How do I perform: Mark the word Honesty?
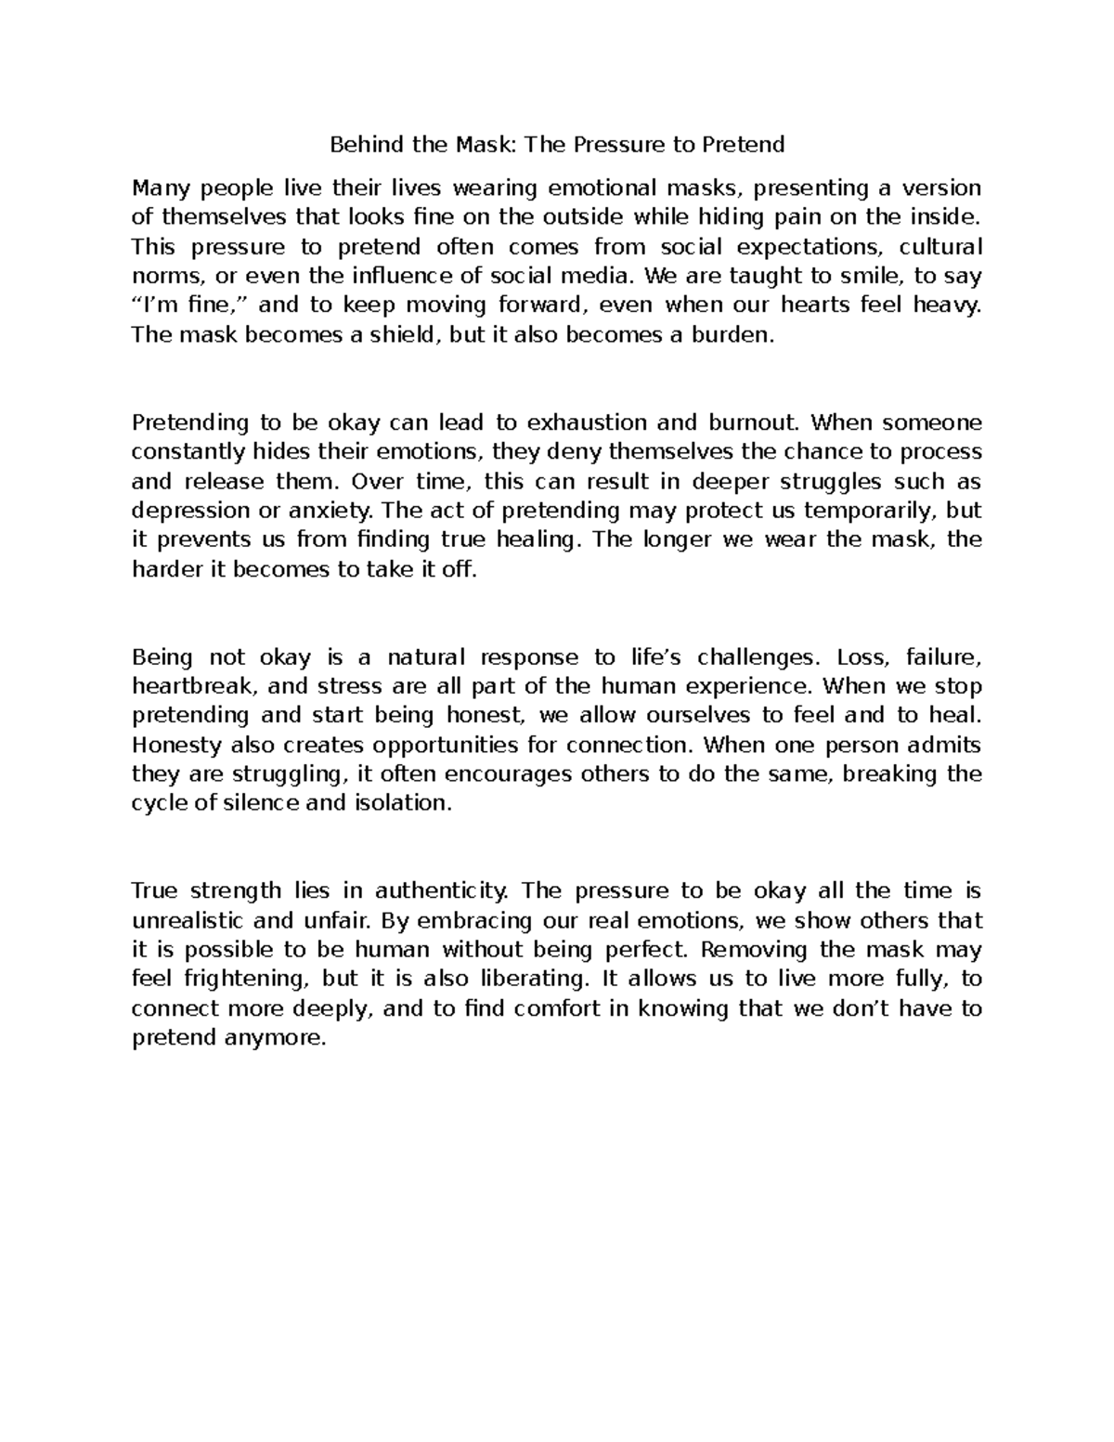click(177, 746)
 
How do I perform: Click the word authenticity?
click(442, 891)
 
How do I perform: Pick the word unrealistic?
click(188, 921)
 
